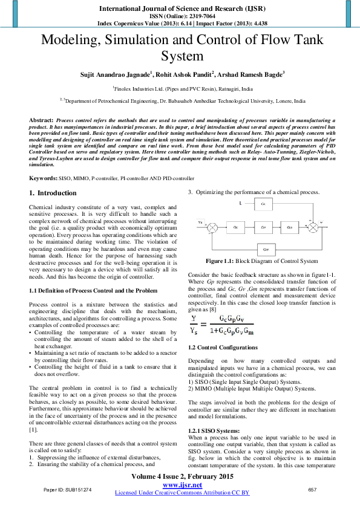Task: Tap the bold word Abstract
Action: click(41, 122)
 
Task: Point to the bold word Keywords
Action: click(43, 179)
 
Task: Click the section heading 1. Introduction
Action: click(53, 193)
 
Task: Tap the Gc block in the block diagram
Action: click(235, 227)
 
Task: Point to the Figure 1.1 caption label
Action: click(222, 261)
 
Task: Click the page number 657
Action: click(313, 489)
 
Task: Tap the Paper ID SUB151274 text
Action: click(67, 489)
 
